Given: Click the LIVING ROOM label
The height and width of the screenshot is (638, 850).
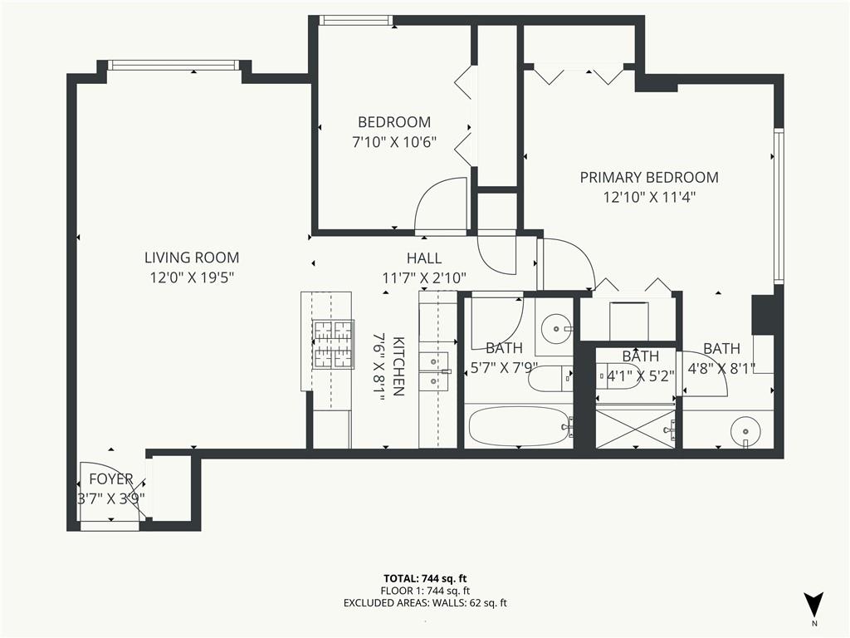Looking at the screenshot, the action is [x=192, y=258].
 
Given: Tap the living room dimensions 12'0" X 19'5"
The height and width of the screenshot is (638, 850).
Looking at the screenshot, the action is [x=192, y=277].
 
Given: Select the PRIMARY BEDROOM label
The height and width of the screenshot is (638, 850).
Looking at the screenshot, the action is [x=649, y=178].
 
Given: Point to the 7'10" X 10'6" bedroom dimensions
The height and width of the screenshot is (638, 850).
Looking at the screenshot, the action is [x=394, y=142].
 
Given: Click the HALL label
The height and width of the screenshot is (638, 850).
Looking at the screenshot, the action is [x=424, y=258].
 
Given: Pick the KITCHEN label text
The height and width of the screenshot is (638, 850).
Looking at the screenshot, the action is [x=398, y=366].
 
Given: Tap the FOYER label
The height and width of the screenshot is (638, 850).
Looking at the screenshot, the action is [x=111, y=479].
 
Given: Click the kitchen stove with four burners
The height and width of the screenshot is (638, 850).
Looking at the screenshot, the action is [x=334, y=345].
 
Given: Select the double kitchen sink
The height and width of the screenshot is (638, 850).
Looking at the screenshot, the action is [x=435, y=371].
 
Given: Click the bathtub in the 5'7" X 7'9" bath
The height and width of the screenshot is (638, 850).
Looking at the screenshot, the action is [x=520, y=426].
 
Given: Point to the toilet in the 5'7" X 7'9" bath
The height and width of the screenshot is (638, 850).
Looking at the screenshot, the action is [x=550, y=379].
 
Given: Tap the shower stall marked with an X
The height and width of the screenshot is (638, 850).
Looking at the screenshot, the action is [x=635, y=429].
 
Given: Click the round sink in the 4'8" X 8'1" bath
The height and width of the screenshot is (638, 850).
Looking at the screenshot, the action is [x=745, y=431].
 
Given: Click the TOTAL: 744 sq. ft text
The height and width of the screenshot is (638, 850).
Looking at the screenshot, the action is [x=425, y=578].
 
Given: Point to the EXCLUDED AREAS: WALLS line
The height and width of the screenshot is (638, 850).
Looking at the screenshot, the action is [x=425, y=603].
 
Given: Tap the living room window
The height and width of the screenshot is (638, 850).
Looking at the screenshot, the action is [x=173, y=65].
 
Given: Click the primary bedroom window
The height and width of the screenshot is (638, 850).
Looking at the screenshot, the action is [x=779, y=206].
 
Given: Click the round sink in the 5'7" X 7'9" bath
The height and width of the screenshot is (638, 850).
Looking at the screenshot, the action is [x=556, y=328].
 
